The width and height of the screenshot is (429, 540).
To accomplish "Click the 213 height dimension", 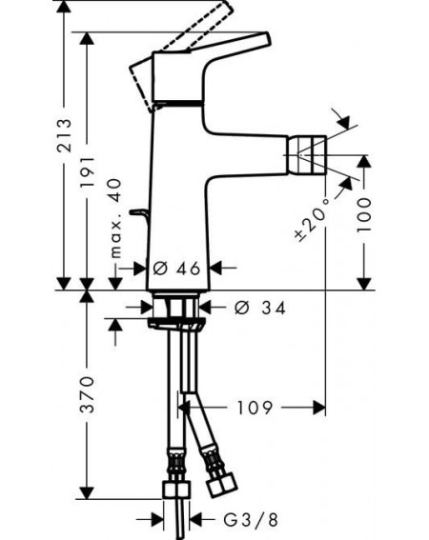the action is tap(65, 135).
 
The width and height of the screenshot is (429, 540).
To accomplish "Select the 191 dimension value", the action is tap(88, 172).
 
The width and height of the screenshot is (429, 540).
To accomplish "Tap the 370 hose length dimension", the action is tap(87, 394).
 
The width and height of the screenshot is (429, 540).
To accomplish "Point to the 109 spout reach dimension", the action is tap(255, 408).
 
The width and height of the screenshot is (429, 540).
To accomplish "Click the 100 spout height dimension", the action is tap(364, 214).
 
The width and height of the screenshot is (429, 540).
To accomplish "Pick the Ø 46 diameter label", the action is tap(176, 269).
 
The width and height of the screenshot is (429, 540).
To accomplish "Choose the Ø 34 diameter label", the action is tap(260, 308).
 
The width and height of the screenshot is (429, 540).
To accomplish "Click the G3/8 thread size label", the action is tap(251, 520).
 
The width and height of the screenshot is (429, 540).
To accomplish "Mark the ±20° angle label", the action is tap(312, 220).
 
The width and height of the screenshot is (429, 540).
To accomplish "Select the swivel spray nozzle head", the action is tap(307, 154).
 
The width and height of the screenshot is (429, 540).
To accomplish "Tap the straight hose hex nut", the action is tap(176, 490).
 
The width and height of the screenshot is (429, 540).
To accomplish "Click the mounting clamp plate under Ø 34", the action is tap(175, 324).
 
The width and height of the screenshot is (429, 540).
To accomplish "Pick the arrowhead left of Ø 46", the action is tap(140, 268).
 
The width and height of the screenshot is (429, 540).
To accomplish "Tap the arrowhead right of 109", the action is tap(319, 408).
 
